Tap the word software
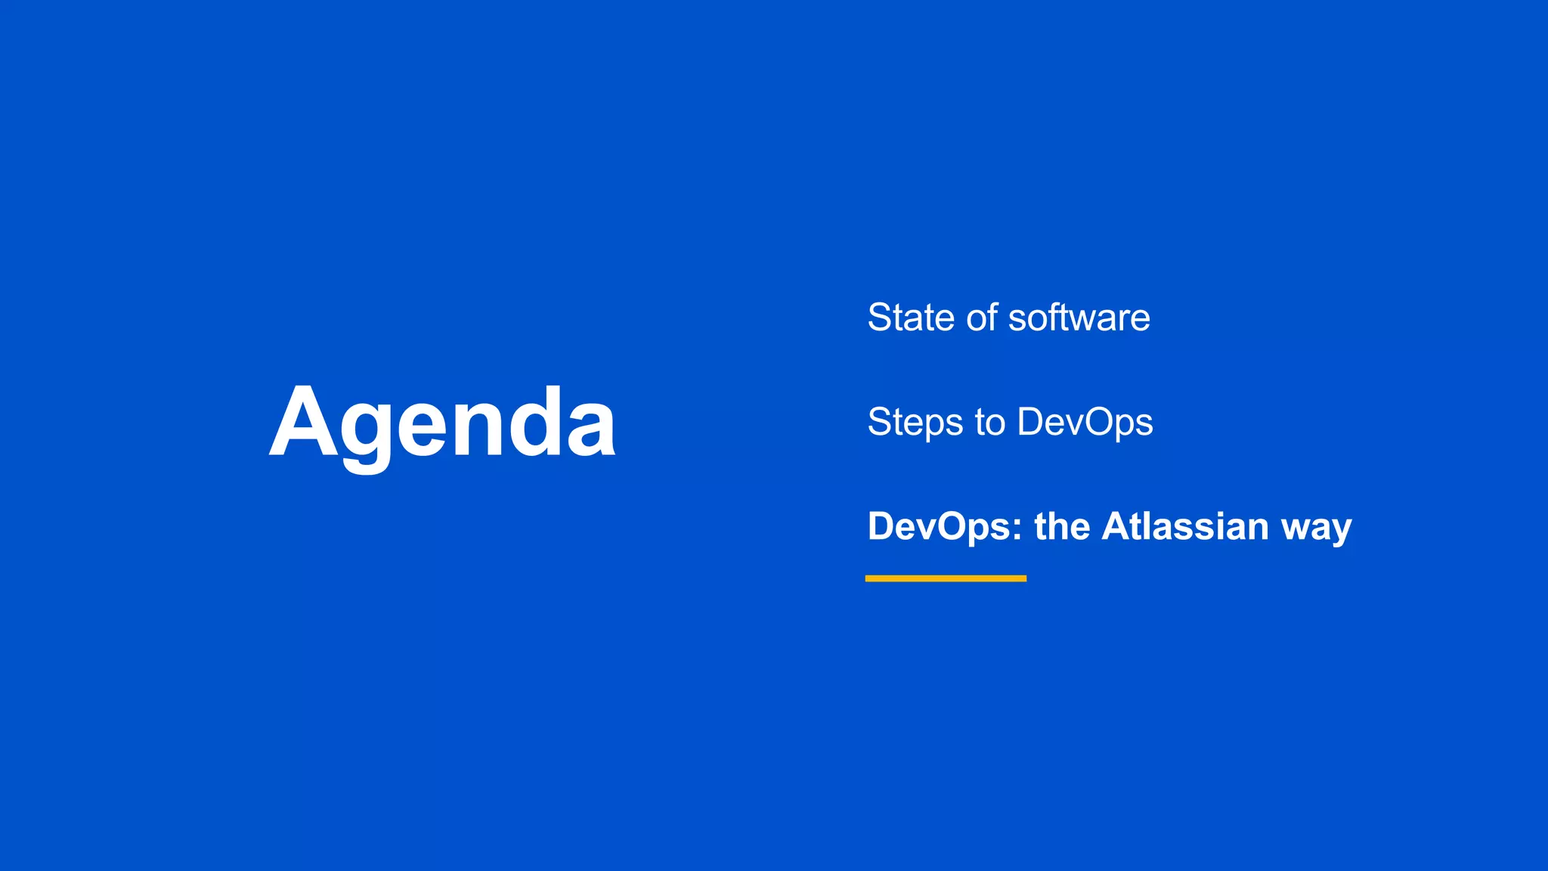tap(1079, 318)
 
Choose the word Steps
tap(915, 422)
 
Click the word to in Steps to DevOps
tap(989, 422)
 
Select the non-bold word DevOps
tap(1085, 422)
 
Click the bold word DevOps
tap(938, 526)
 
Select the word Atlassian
tap(1184, 526)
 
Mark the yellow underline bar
tap(946, 578)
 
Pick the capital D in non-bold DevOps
tap(1032, 422)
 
